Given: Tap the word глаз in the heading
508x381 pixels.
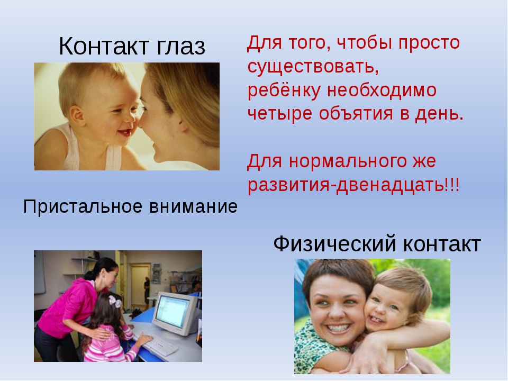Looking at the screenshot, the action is coord(181,47).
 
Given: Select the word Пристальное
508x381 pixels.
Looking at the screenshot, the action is coord(83,207).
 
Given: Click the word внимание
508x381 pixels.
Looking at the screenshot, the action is coord(194,207).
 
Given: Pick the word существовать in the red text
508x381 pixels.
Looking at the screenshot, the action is coord(313,67).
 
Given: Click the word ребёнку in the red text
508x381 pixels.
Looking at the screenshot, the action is coord(284,90).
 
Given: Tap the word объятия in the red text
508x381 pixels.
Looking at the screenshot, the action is coord(356,114).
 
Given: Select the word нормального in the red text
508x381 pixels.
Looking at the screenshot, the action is coord(347,161).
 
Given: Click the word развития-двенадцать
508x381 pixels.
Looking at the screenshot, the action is coord(346,185).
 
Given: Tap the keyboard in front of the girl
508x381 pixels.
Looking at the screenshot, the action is coord(160,344).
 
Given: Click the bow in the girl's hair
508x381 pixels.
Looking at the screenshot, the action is coord(115,302).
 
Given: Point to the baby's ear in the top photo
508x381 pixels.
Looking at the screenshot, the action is coord(77,115).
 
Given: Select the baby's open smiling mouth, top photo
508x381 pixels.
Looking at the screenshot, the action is coord(125,132).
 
